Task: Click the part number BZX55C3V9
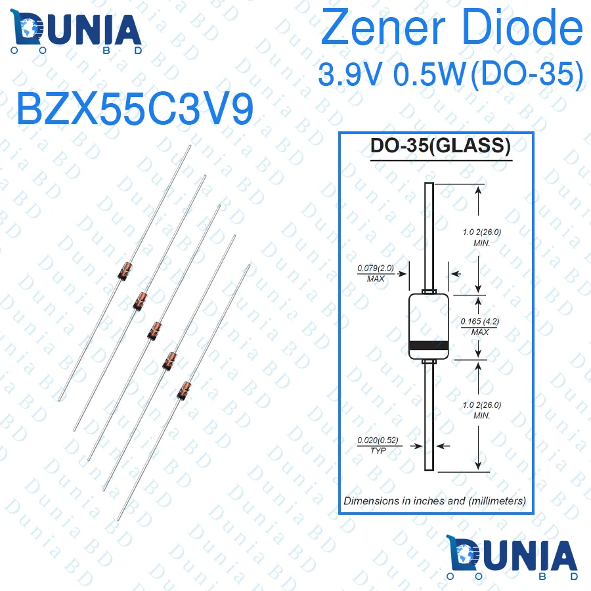point(134,108)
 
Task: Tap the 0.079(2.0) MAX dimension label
point(375,273)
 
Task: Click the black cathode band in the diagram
point(429,345)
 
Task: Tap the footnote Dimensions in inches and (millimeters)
point(435,500)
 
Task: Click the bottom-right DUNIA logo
point(513,559)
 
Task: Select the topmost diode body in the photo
point(124,271)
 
